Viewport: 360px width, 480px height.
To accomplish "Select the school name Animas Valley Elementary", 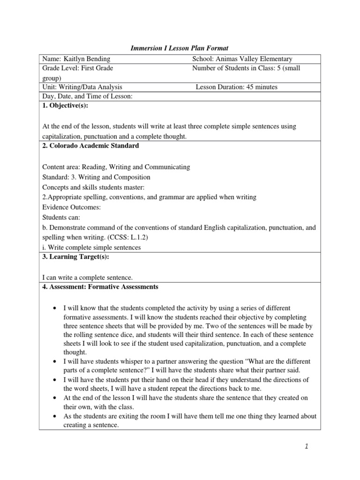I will tap(257, 59).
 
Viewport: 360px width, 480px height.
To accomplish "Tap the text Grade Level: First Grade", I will tap(78, 68).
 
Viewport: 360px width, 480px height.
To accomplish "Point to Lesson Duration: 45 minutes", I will tap(236, 87).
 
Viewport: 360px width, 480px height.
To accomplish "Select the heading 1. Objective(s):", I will tap(65, 106).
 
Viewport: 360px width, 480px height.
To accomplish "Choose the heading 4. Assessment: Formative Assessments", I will tap(100, 286).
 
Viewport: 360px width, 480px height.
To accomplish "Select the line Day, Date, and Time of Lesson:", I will tap(88, 96).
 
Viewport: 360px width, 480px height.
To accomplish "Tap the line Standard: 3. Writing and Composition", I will tap(96, 177).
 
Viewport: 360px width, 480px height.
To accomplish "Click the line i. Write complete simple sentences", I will tap(91, 247).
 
